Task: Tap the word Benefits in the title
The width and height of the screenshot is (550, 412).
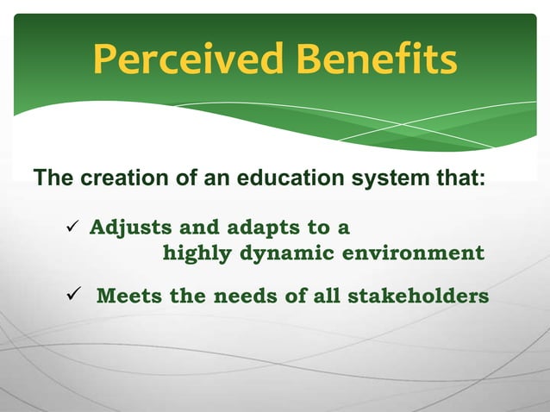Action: [376, 60]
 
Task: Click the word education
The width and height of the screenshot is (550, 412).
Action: [285, 179]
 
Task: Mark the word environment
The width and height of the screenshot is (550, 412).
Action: [413, 253]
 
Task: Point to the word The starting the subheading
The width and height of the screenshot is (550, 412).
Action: [53, 179]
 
